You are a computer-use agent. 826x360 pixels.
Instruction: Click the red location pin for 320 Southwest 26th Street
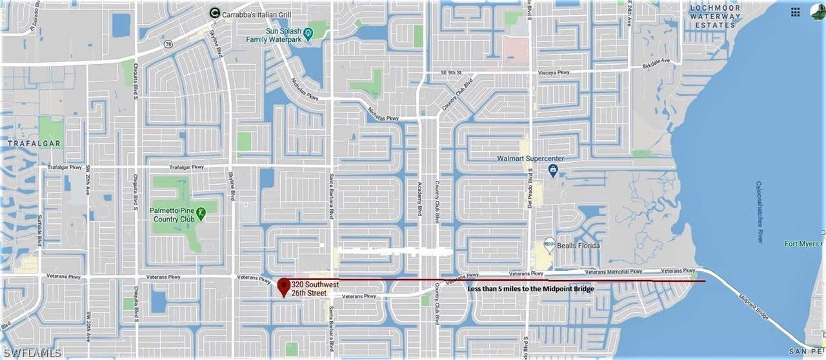point(283,286)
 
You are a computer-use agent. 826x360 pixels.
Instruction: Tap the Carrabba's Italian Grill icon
point(214,12)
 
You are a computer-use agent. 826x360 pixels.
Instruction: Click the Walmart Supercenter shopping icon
point(553,170)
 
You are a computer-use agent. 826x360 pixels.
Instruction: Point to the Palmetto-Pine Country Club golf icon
point(201,211)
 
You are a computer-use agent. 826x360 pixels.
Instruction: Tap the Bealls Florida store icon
point(549,244)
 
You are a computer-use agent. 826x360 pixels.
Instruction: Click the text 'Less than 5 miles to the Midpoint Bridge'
point(530,288)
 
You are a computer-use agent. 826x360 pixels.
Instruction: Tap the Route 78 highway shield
point(168,44)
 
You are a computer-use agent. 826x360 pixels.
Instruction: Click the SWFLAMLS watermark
point(31,353)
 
